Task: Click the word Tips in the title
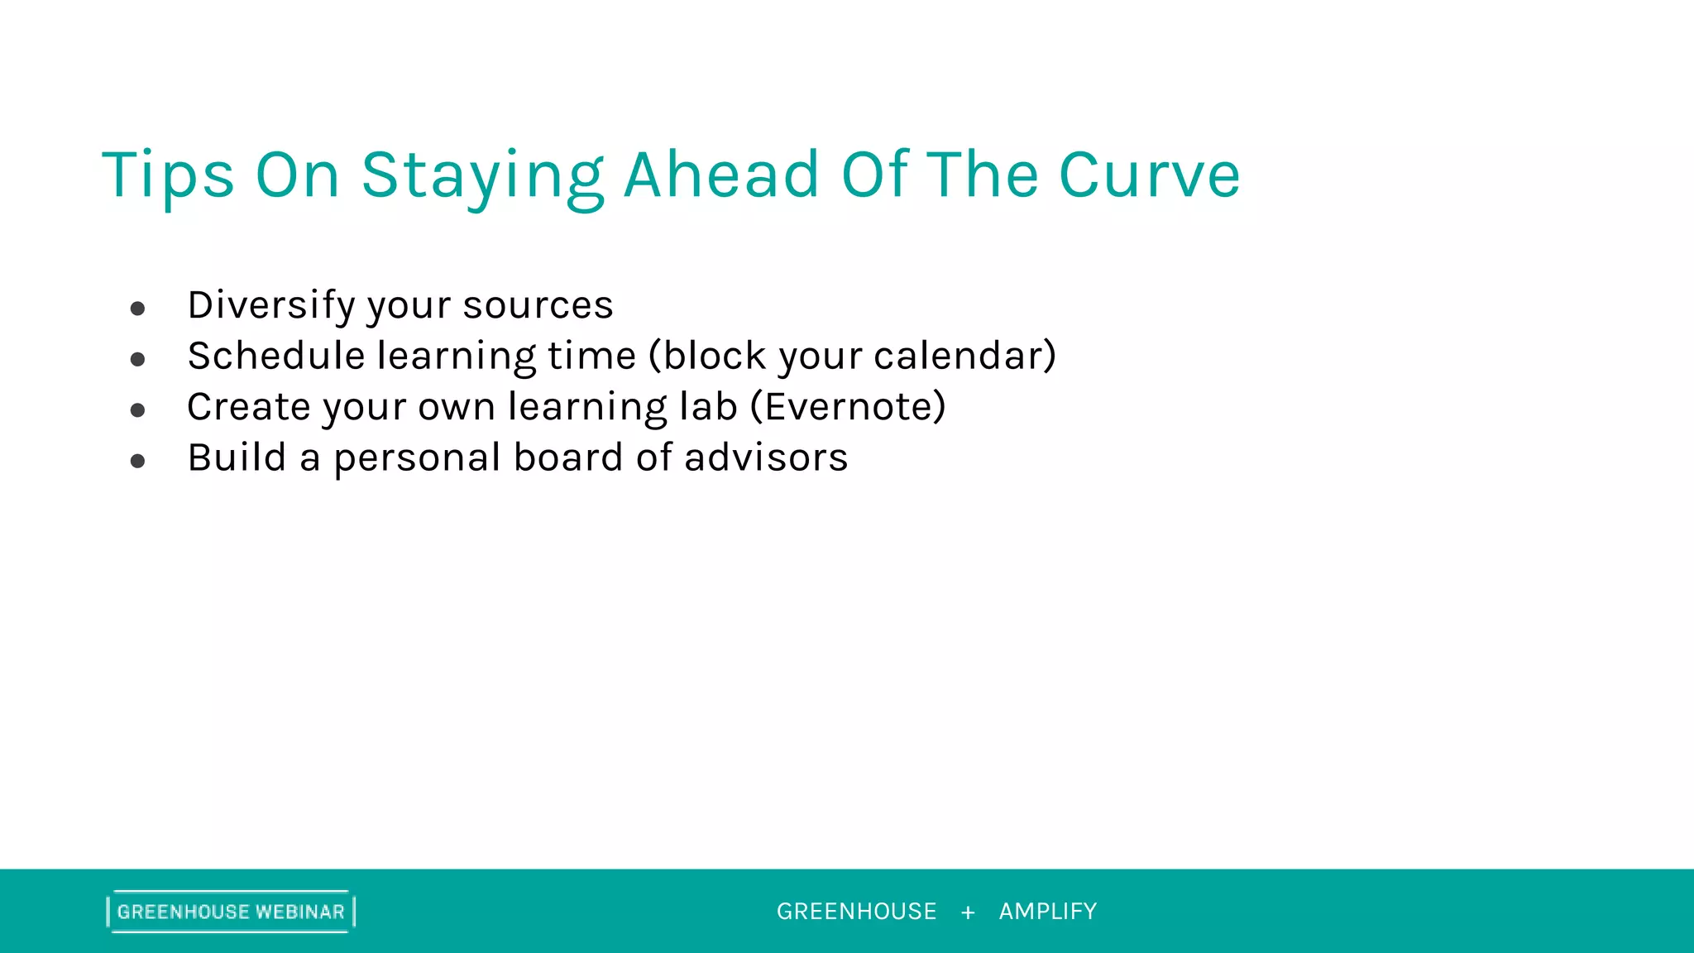click(x=168, y=175)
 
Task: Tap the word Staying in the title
click(x=482, y=175)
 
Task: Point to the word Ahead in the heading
click(x=721, y=175)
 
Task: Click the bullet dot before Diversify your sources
click(x=138, y=309)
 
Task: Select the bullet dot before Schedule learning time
click(x=138, y=360)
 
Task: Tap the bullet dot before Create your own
click(x=138, y=410)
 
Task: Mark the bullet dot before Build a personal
click(x=138, y=462)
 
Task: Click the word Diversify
click(x=270, y=305)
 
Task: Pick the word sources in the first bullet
click(x=538, y=305)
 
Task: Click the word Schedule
click(x=276, y=356)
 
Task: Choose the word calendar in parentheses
click(x=959, y=356)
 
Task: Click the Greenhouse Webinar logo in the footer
click(x=231, y=912)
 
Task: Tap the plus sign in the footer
click(x=968, y=912)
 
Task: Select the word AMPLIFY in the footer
click(x=1047, y=912)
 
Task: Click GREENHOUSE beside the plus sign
click(x=856, y=912)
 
